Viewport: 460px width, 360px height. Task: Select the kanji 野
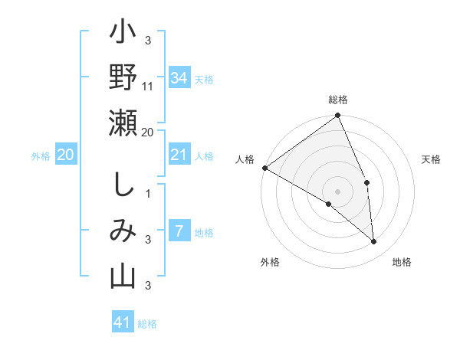[x=123, y=77]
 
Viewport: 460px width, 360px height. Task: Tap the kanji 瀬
[x=123, y=123]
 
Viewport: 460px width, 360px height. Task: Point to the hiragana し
[x=123, y=185]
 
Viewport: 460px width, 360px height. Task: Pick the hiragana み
[x=123, y=231]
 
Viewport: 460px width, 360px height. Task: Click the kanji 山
[x=123, y=277]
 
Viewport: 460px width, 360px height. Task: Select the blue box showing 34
[x=179, y=78]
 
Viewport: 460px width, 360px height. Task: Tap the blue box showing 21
[x=179, y=155]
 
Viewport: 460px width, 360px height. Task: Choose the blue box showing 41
[x=123, y=322]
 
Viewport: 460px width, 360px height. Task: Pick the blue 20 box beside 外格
[x=65, y=155]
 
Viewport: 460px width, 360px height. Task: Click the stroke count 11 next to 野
[x=148, y=87]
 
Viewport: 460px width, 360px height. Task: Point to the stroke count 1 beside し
[x=148, y=194]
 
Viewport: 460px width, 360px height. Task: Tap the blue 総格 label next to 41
[x=147, y=324]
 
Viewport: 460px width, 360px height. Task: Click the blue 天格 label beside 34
[x=203, y=80]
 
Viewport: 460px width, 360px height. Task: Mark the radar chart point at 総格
[x=337, y=116]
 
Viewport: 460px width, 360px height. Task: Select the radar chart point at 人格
[x=264, y=168]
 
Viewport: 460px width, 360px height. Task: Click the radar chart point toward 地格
[x=373, y=241]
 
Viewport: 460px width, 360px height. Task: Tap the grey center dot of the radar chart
[x=337, y=191]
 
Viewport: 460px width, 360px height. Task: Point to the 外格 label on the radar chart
[x=270, y=262]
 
